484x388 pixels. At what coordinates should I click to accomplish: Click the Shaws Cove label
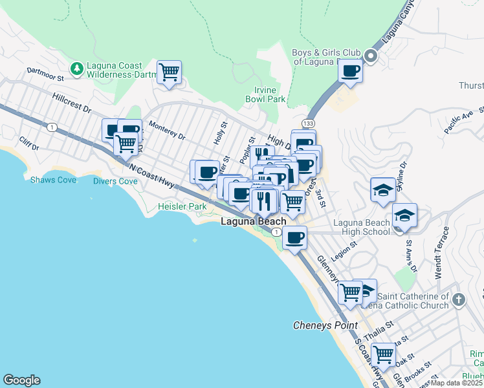click(53, 179)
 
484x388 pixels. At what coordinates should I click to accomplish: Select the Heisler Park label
click(182, 207)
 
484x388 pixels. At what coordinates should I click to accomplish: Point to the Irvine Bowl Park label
click(265, 95)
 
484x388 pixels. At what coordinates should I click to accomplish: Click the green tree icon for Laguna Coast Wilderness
click(76, 67)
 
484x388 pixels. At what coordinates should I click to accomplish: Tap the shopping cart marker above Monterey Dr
click(169, 72)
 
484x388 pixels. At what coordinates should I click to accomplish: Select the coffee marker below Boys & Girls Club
click(350, 70)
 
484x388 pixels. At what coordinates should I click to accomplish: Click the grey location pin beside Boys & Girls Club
click(371, 56)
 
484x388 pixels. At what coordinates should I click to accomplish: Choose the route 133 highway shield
click(307, 122)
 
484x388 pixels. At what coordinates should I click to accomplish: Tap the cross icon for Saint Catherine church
click(458, 299)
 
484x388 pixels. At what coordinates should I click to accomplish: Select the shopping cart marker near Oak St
click(383, 354)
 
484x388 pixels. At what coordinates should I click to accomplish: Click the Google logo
click(21, 380)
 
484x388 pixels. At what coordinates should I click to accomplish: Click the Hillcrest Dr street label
click(72, 103)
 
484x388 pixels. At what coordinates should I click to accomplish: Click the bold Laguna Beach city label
click(254, 221)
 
